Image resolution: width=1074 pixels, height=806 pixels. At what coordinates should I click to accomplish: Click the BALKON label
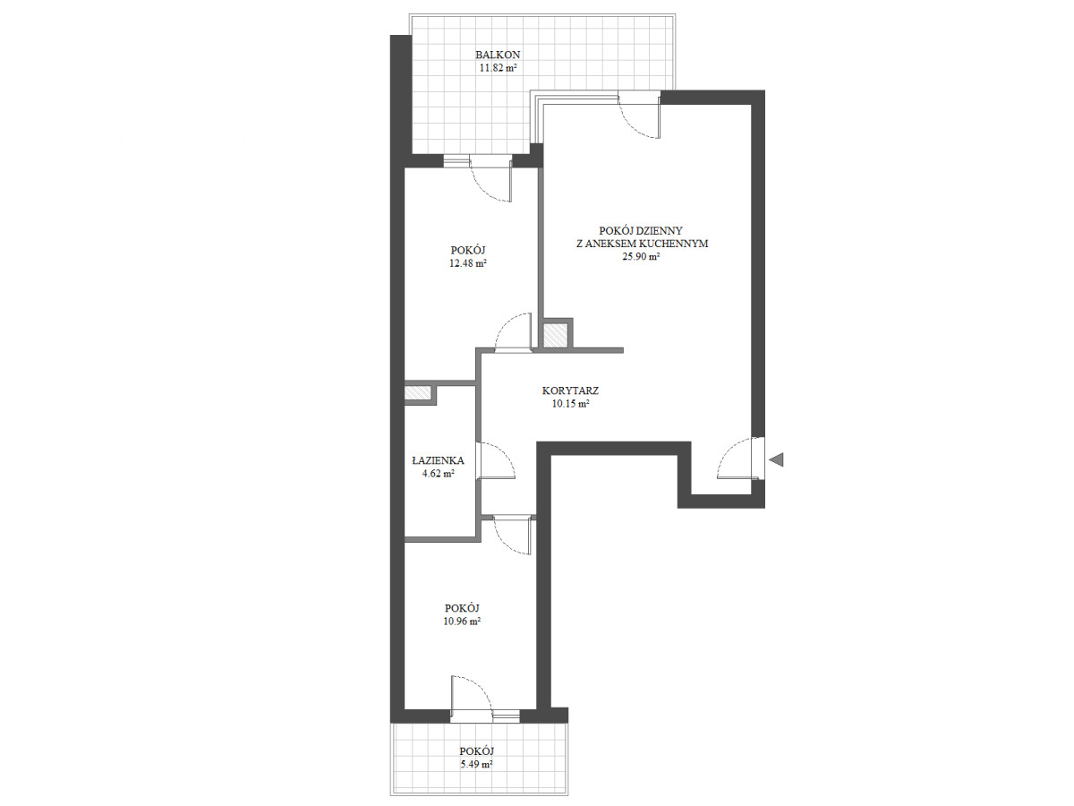[x=498, y=55]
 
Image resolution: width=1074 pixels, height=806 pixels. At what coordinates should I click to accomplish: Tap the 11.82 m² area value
[x=498, y=68]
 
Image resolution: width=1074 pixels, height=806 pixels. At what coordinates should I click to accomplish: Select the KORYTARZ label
[x=570, y=391]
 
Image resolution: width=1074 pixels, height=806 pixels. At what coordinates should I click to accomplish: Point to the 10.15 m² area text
[x=570, y=404]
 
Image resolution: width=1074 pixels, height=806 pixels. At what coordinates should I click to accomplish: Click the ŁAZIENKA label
[x=438, y=460]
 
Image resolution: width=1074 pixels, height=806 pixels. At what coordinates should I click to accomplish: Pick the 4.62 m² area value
[x=438, y=473]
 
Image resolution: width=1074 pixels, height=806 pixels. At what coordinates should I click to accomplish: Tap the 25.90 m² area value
[x=642, y=256]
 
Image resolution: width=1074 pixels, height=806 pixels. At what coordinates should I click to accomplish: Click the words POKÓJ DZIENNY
[x=641, y=230]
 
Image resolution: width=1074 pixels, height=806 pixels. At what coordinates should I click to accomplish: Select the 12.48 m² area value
[x=468, y=263]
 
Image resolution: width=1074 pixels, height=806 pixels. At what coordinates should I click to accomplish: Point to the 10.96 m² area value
[x=462, y=622]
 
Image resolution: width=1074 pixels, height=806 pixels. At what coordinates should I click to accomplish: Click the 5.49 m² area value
[x=476, y=765]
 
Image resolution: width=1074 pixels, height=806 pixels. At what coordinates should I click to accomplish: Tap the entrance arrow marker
[x=776, y=459]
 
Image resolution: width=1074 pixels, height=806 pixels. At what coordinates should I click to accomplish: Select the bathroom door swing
[x=497, y=460]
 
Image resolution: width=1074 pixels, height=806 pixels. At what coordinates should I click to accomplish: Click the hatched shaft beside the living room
[x=557, y=336]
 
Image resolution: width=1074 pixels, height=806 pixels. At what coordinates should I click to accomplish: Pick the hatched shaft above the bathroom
[x=417, y=393]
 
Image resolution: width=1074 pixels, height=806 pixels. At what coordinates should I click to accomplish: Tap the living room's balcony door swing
[x=639, y=118]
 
